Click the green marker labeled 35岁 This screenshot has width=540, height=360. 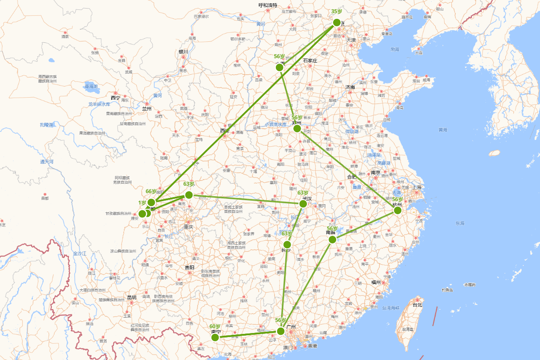click(x=337, y=22)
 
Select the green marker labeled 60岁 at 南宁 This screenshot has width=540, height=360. click(x=215, y=337)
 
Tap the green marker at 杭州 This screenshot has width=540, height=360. click(x=397, y=210)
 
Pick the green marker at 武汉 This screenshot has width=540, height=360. click(x=303, y=204)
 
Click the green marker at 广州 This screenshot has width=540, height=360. click(x=281, y=331)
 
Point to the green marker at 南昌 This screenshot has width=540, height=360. click(x=333, y=239)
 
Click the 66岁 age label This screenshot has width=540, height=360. click(x=151, y=192)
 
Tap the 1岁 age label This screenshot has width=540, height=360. click(x=142, y=203)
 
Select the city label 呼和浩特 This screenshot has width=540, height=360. click(x=268, y=5)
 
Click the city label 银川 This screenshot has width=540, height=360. click(x=183, y=52)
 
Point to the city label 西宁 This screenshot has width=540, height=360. click(x=115, y=98)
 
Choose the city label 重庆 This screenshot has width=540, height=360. click(x=188, y=227)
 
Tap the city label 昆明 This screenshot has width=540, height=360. click(x=131, y=297)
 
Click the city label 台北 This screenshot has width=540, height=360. click(x=418, y=305)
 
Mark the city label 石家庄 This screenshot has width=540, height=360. click(x=310, y=61)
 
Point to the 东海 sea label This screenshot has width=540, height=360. click(x=459, y=223)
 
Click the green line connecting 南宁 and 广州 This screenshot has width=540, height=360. click(x=247, y=334)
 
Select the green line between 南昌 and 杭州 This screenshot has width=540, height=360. click(x=365, y=225)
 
